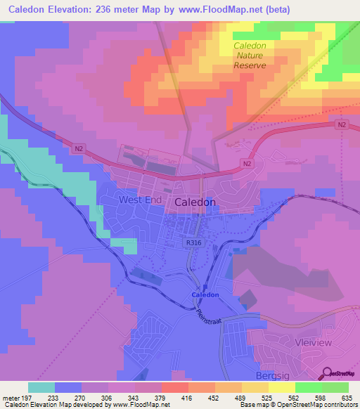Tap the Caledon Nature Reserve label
coord(250,56)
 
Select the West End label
coord(140,200)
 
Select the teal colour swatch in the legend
coord(41,387)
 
